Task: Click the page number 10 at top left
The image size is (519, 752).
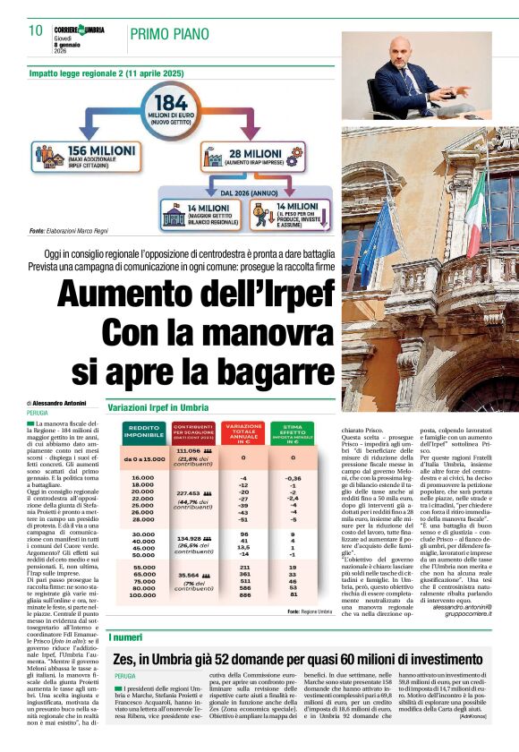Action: pos(36,30)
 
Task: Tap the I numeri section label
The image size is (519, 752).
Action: pos(124,637)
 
